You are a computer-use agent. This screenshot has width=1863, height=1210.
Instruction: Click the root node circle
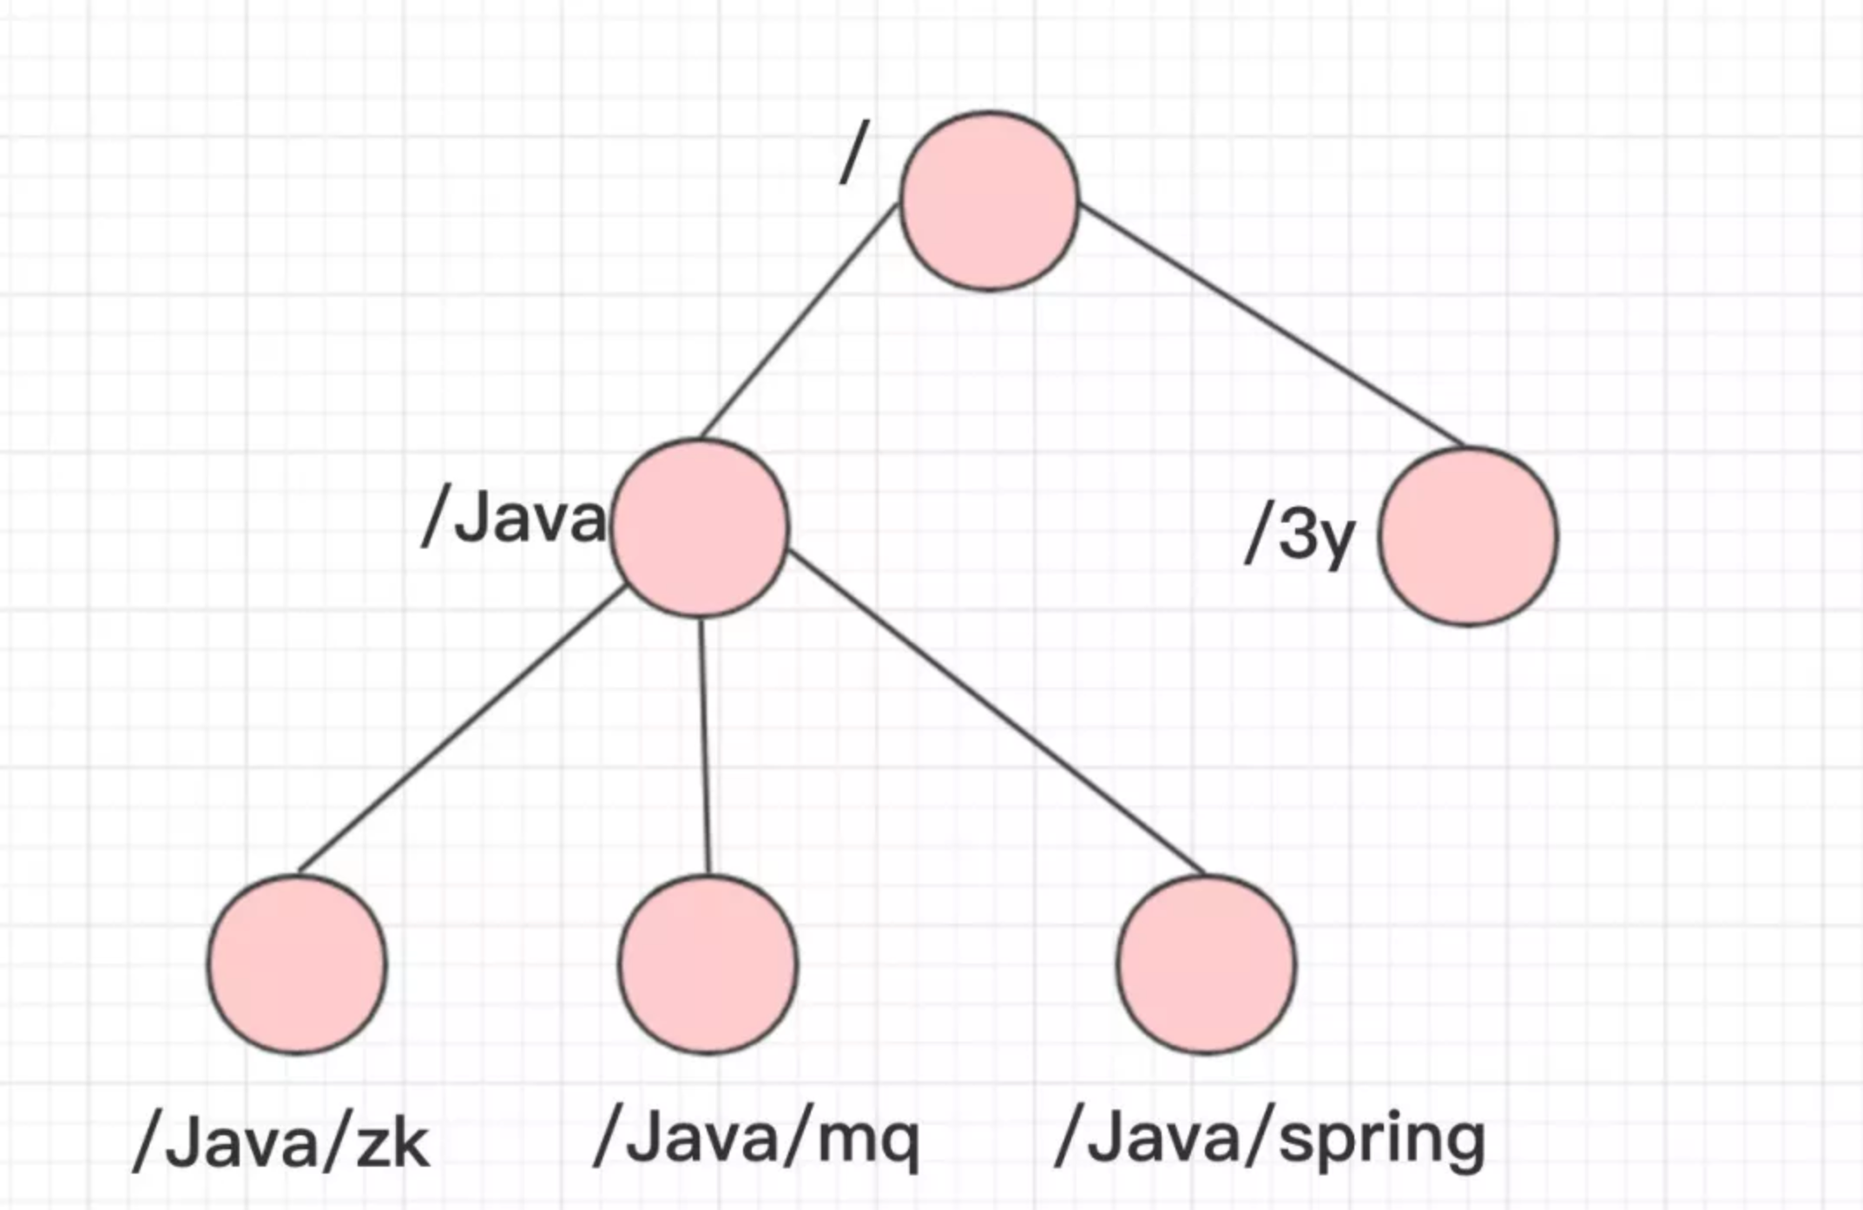990,201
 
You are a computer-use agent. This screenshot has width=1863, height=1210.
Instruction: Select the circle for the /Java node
700,528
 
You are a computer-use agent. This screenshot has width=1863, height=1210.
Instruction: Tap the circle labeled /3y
1469,536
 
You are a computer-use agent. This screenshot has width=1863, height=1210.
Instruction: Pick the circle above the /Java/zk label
297,964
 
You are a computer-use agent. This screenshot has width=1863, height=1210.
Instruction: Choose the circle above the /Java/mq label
708,964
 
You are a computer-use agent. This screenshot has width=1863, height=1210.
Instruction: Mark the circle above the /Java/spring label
1207,964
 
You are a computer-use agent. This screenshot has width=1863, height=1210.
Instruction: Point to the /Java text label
514,520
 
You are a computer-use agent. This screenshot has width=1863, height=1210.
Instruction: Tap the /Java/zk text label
281,1144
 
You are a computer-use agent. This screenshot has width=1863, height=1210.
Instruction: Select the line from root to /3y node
1272,326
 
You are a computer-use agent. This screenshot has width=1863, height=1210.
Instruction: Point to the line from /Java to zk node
460,729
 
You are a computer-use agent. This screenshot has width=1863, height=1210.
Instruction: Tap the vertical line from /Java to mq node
705,746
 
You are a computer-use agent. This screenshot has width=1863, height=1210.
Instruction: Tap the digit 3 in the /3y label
1298,533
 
